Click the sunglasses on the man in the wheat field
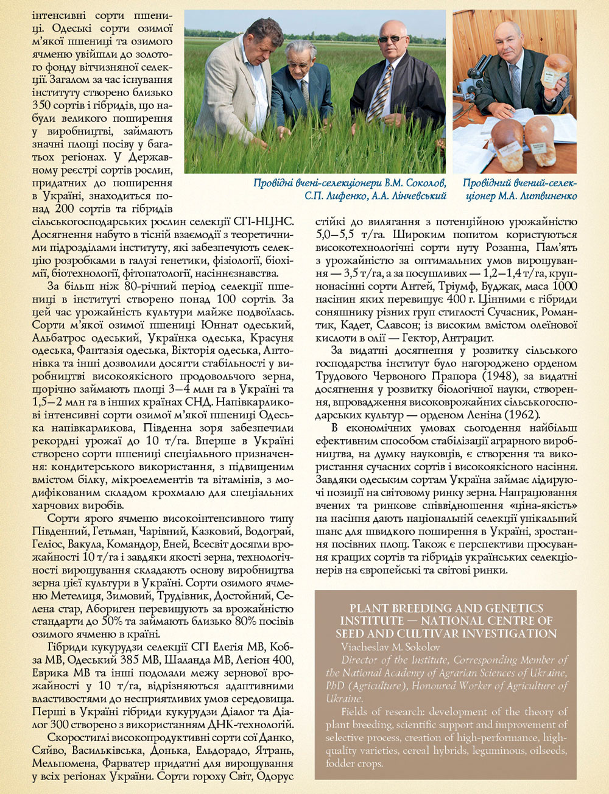tap(390, 39)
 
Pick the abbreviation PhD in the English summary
tap(334, 685)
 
